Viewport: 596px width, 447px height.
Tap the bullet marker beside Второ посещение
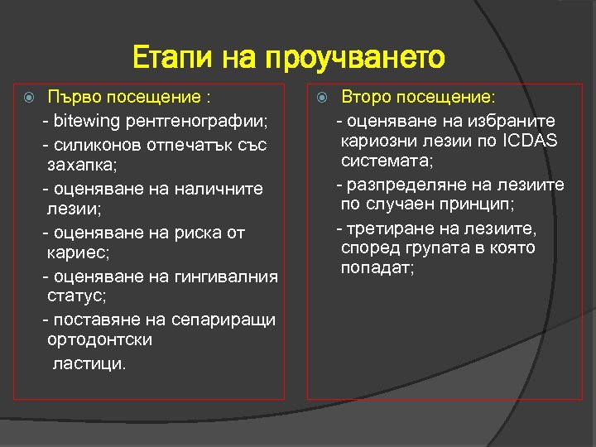(x=323, y=96)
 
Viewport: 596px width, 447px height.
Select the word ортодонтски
(x=100, y=340)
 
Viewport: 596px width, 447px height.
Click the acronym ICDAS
(x=530, y=140)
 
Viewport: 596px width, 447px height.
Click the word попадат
(x=377, y=269)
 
